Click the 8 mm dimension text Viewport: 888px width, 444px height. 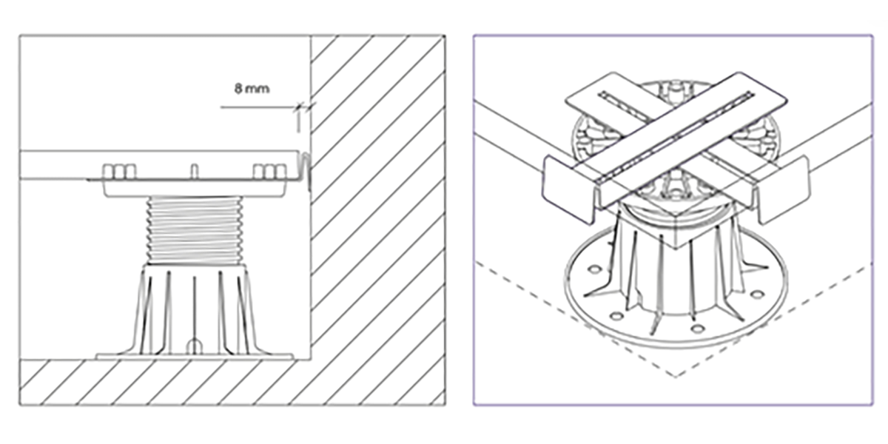pyautogui.click(x=252, y=88)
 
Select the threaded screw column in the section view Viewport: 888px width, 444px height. pyautogui.click(x=194, y=230)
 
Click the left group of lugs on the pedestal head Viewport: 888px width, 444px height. pyautogui.click(x=119, y=172)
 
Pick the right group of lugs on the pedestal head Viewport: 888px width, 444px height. pyautogui.click(x=269, y=172)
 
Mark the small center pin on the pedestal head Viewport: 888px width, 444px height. pyautogui.click(x=194, y=172)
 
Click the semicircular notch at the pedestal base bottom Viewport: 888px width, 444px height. pyautogui.click(x=194, y=346)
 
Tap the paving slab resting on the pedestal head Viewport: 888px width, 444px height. pyautogui.click(x=158, y=165)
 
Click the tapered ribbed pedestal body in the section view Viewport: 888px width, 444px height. pyautogui.click(x=194, y=309)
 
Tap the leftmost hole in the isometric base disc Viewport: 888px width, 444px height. pyautogui.click(x=594, y=269)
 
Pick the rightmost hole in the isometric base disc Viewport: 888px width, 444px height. pyautogui.click(x=757, y=295)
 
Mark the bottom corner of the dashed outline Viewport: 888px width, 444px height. pyautogui.click(x=676, y=377)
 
